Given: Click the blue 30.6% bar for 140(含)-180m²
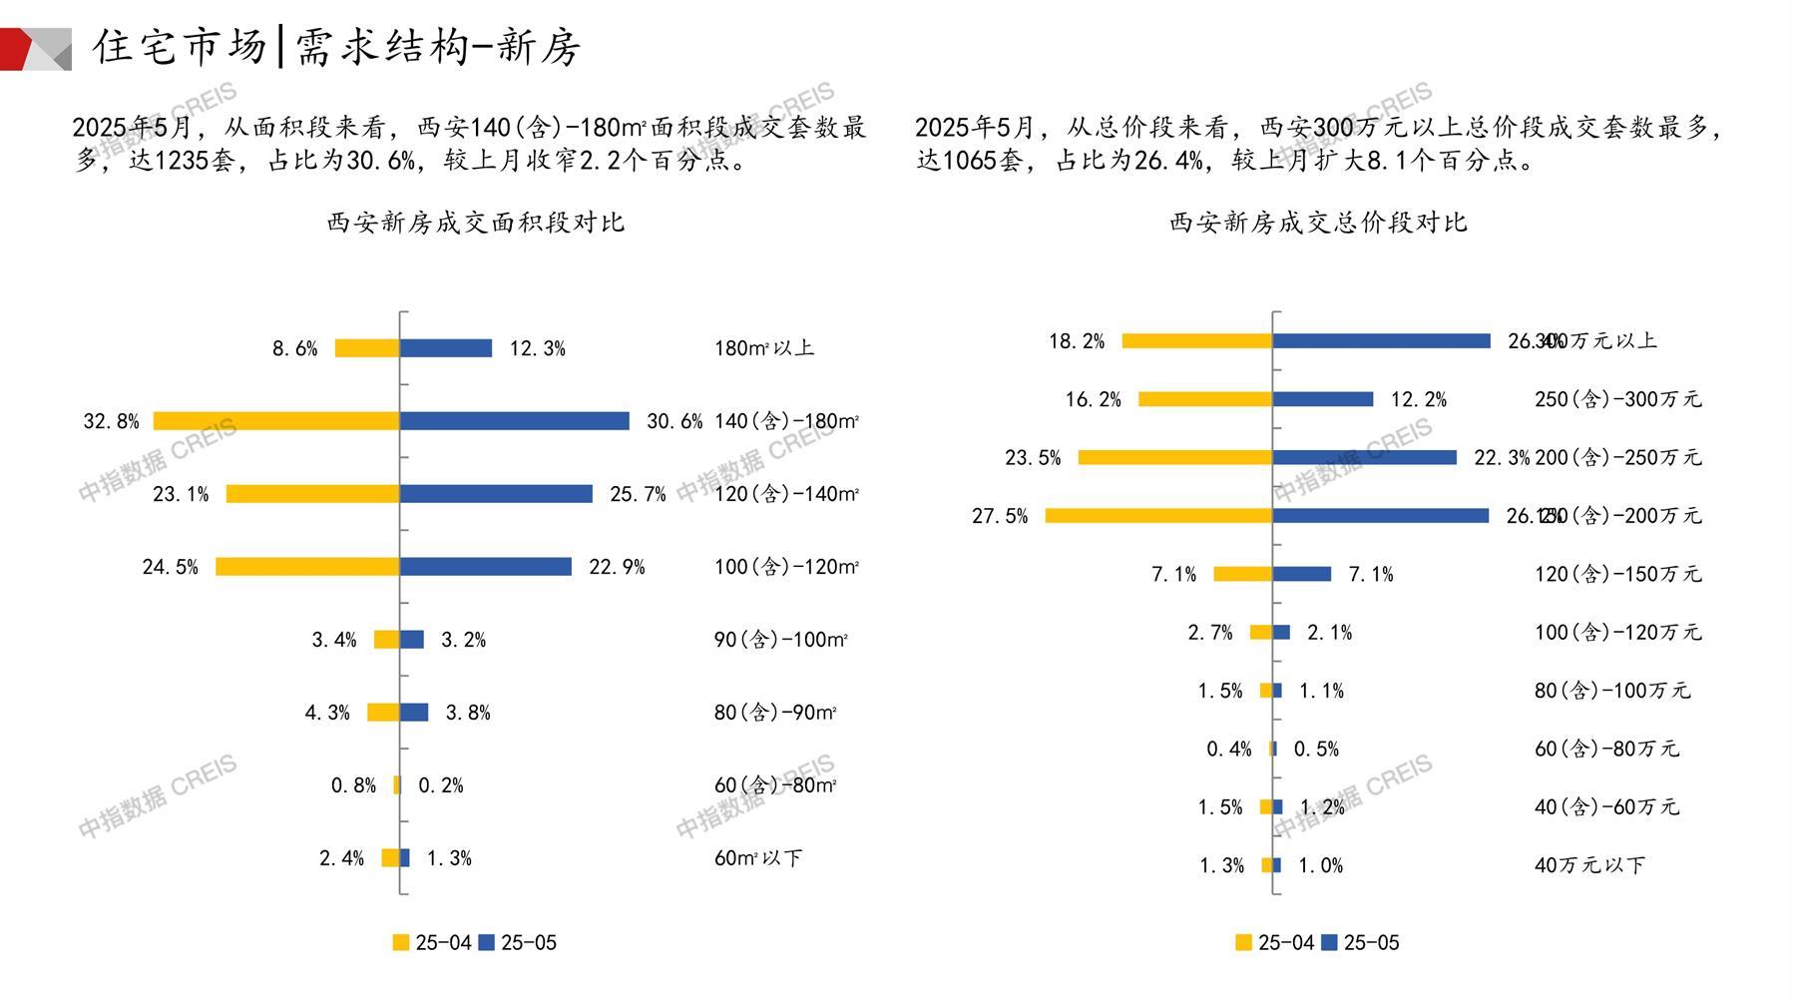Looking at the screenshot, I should pyautogui.click(x=515, y=421).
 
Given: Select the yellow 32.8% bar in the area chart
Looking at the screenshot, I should pyautogui.click(x=276, y=421).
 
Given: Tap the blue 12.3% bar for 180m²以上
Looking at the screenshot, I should pyautogui.click(x=446, y=348).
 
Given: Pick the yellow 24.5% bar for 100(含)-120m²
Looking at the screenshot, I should pyautogui.click(x=307, y=567).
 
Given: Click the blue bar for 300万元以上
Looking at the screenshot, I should pyautogui.click(x=1382, y=341).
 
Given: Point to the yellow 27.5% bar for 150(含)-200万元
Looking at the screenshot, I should pyautogui.click(x=1158, y=516).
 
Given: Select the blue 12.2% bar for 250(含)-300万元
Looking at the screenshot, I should pyautogui.click(x=1323, y=399).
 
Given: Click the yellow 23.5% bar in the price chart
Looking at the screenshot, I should pyautogui.click(x=1175, y=458).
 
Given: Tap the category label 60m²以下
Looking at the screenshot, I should pyautogui.click(x=758, y=858).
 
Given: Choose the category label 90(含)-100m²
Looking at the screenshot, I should pyautogui.click(x=780, y=640).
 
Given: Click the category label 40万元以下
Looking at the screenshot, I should pyautogui.click(x=1589, y=865).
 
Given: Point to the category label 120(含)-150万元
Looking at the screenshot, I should pyautogui.click(x=1617, y=574).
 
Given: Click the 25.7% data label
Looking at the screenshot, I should pyautogui.click(x=638, y=494).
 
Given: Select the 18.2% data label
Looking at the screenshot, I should pyautogui.click(x=1077, y=341).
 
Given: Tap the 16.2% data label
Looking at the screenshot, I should pyautogui.click(x=1093, y=399).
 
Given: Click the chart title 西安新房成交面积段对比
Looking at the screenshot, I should pyautogui.click(x=476, y=223).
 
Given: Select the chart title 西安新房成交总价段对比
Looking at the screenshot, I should pyautogui.click(x=1318, y=223).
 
